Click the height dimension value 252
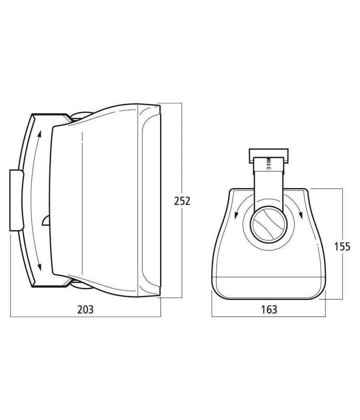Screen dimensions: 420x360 click(182, 201)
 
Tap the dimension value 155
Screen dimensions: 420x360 click(342, 246)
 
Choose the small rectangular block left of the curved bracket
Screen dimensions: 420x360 click(16, 200)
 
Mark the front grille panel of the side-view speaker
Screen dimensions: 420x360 click(150, 200)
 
